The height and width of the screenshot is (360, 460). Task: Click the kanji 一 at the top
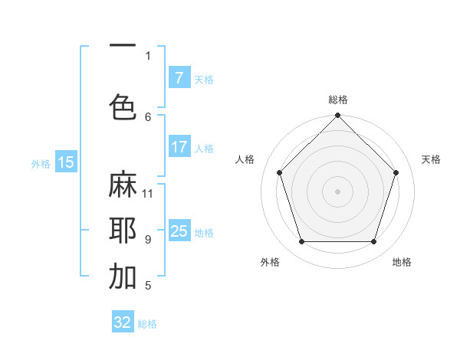[x=122, y=45]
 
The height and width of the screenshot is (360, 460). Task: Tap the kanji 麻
[x=122, y=186]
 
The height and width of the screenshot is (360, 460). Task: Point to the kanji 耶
[x=122, y=231]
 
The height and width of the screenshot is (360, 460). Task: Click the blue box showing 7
[x=179, y=78]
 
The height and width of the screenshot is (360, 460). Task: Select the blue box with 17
[x=179, y=147]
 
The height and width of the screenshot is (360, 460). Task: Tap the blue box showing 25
[x=179, y=231]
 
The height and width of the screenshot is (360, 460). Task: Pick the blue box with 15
[x=66, y=162]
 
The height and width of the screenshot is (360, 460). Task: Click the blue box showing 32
[x=123, y=322]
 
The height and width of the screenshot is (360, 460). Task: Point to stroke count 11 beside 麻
[x=148, y=193]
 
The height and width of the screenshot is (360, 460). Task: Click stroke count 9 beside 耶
[x=148, y=239]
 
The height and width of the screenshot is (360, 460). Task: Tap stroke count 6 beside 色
[x=148, y=116]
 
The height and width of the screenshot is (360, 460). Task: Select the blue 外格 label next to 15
[x=41, y=163]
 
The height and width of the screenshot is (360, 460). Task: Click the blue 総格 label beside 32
[x=147, y=324]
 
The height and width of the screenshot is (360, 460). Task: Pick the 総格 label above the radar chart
[x=338, y=100]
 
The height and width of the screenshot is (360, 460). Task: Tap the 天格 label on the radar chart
[x=431, y=159]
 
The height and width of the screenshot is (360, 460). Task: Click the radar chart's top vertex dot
[x=337, y=116]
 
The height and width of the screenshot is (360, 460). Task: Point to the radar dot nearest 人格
[x=279, y=172]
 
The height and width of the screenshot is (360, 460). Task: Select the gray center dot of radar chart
[x=337, y=191]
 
